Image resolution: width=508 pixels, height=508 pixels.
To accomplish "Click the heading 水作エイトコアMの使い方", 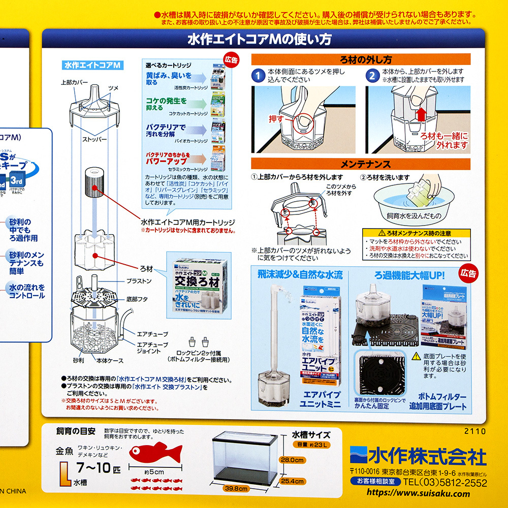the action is coord(259,39).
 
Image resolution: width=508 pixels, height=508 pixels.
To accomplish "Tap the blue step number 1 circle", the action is coord(259,76).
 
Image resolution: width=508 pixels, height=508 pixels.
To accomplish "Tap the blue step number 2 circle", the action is coord(373,76).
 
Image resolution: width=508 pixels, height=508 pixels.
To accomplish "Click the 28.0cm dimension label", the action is coord(292,460).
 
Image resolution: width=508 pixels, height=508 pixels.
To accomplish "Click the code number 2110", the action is coord(475,431).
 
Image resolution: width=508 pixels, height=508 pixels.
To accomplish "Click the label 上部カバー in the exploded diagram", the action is coord(74,82).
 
